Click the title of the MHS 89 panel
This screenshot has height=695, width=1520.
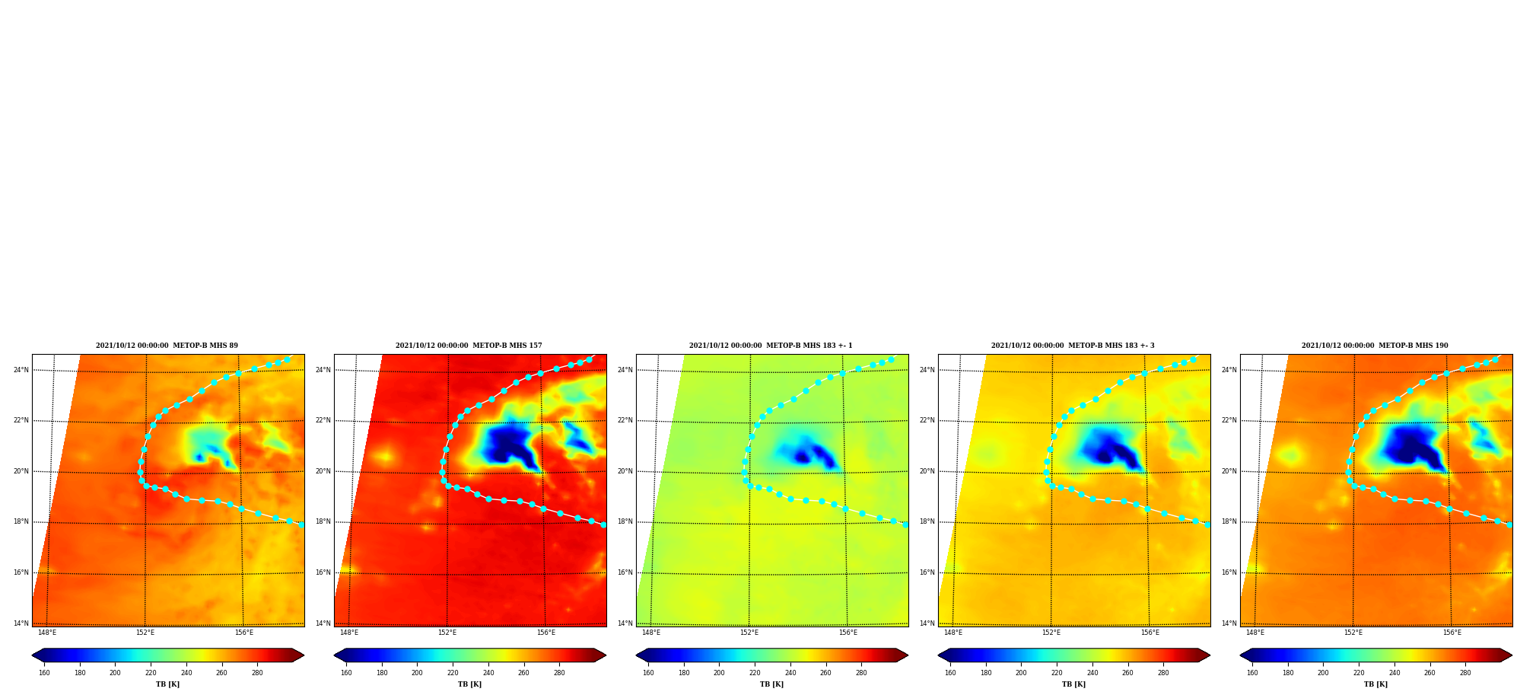167,346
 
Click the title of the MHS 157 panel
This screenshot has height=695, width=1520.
469,346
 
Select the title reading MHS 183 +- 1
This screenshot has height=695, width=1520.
771,346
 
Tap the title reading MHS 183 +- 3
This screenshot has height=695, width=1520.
1073,346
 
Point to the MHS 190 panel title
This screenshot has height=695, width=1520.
1375,346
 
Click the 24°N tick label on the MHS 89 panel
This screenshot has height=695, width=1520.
21,371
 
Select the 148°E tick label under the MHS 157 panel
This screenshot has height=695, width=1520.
349,633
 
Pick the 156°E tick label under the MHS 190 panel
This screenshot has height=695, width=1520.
1452,633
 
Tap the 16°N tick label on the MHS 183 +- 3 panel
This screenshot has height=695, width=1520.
927,573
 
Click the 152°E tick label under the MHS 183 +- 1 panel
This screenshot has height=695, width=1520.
749,633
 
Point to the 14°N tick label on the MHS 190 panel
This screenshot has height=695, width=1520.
1229,623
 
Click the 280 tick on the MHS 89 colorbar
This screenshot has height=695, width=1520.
257,673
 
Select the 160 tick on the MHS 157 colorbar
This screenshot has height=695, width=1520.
346,673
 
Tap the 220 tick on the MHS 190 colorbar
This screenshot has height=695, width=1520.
1359,673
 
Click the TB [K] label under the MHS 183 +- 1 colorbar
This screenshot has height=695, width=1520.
771,684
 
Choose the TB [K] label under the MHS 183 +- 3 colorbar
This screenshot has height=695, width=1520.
1073,684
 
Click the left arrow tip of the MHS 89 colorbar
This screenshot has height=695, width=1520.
32,655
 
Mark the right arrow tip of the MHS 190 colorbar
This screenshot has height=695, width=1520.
1512,655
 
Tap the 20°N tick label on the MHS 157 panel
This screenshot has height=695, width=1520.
323,472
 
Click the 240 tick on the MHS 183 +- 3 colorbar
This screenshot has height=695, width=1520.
1092,673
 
